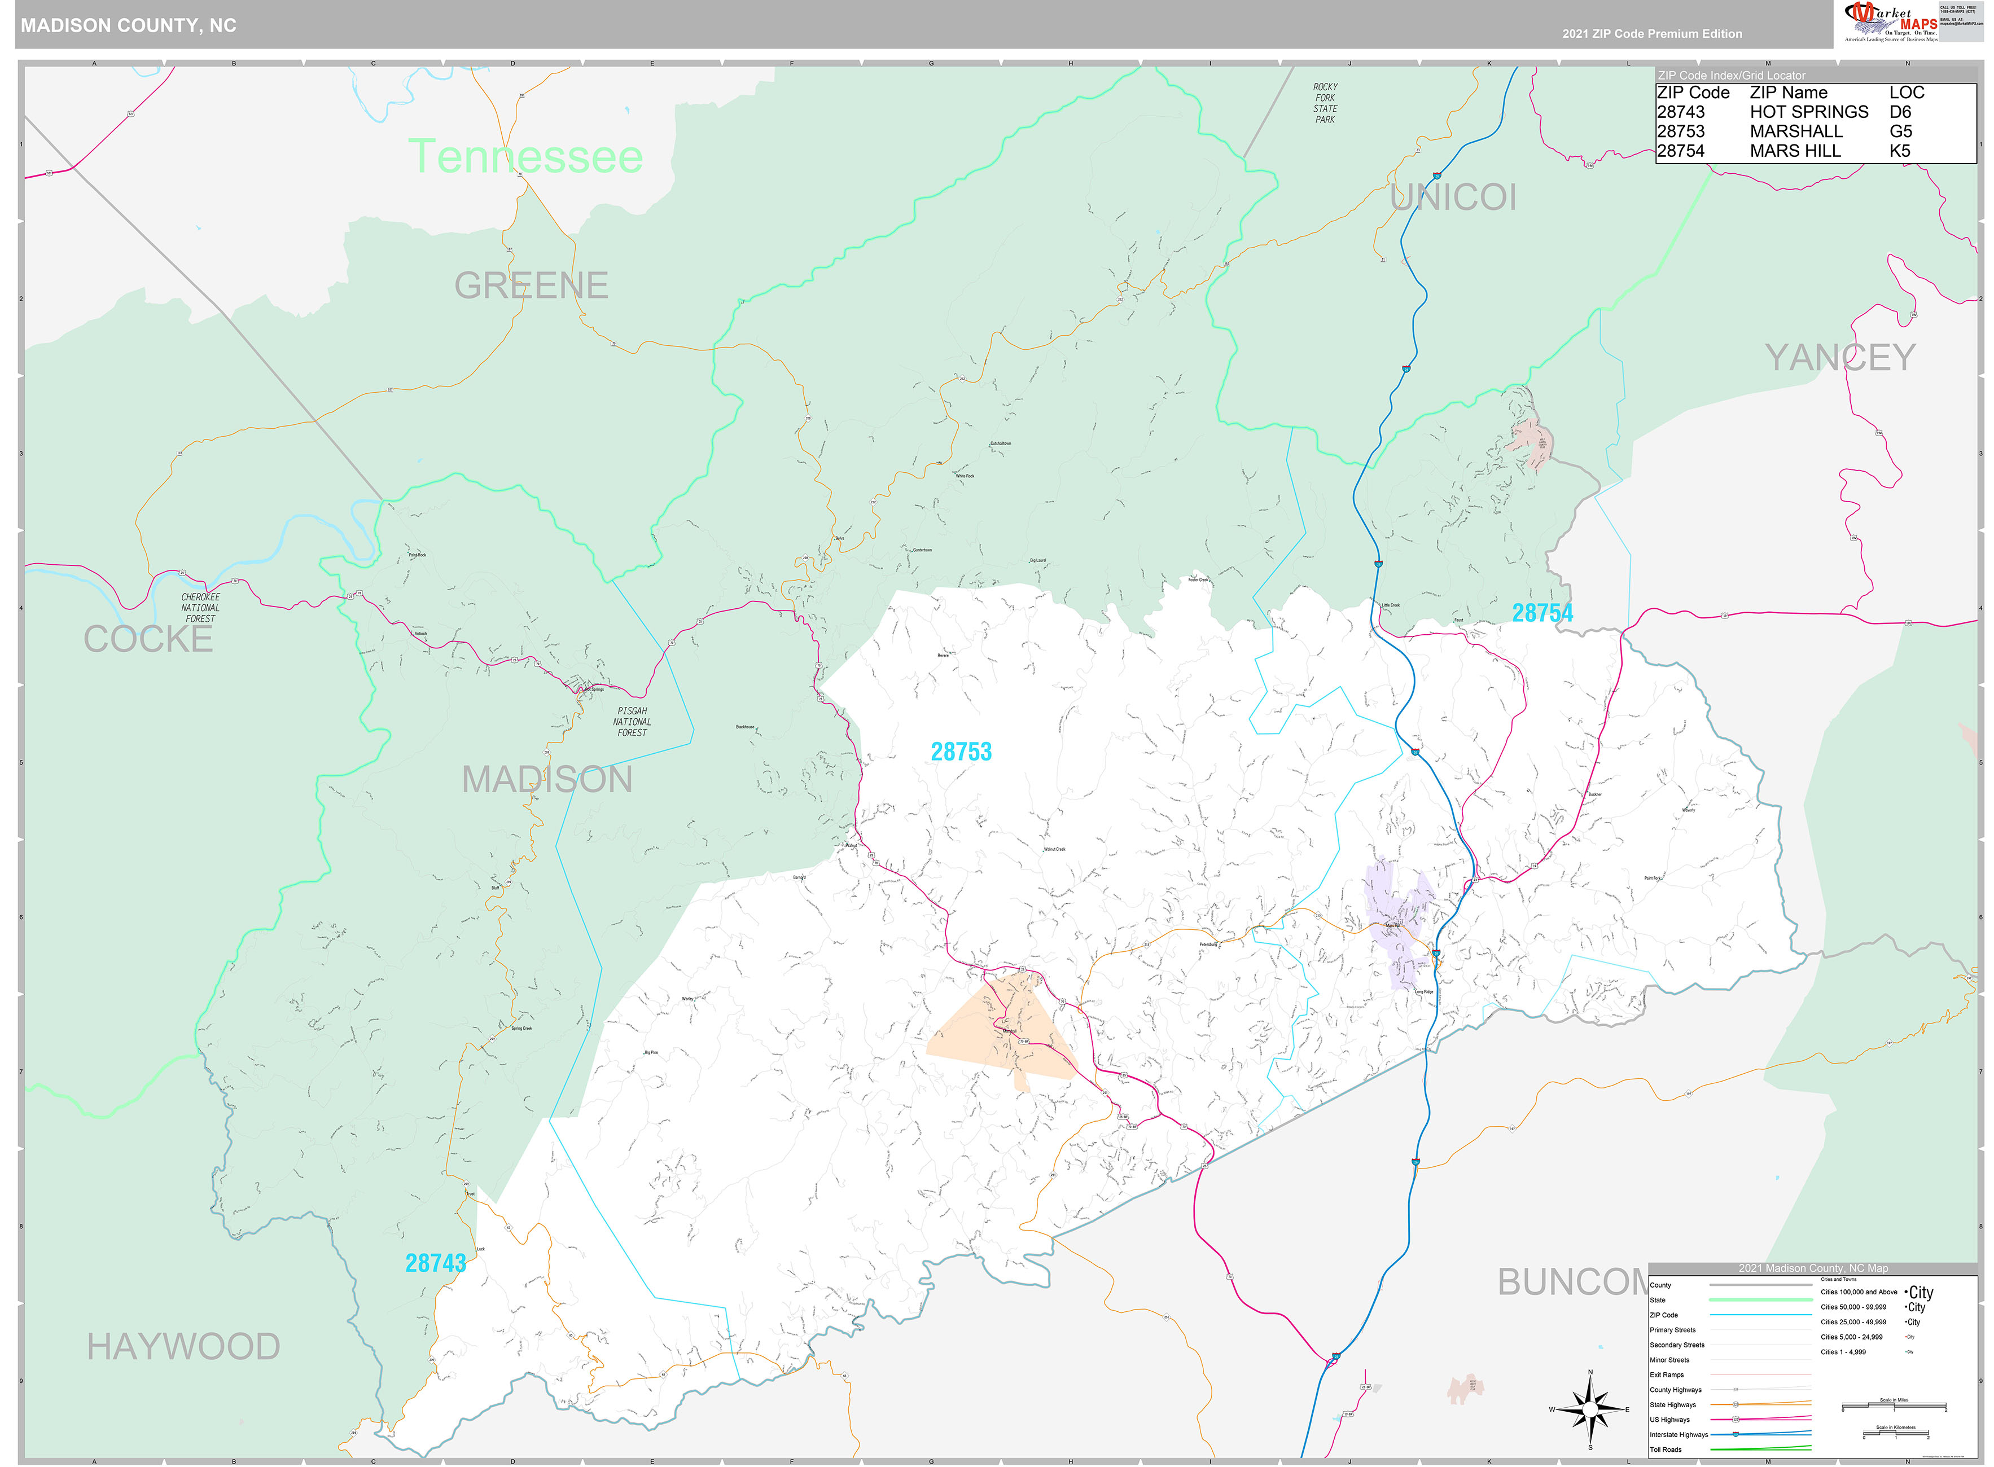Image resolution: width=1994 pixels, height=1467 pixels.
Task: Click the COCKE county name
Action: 148,639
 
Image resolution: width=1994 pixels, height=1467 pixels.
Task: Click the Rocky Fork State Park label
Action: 1324,103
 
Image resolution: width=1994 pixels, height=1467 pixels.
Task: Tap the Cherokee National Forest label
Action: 200,608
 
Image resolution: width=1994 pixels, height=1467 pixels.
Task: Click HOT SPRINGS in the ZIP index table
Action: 1808,112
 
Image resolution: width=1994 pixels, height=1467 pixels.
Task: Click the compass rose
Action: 1590,1409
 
